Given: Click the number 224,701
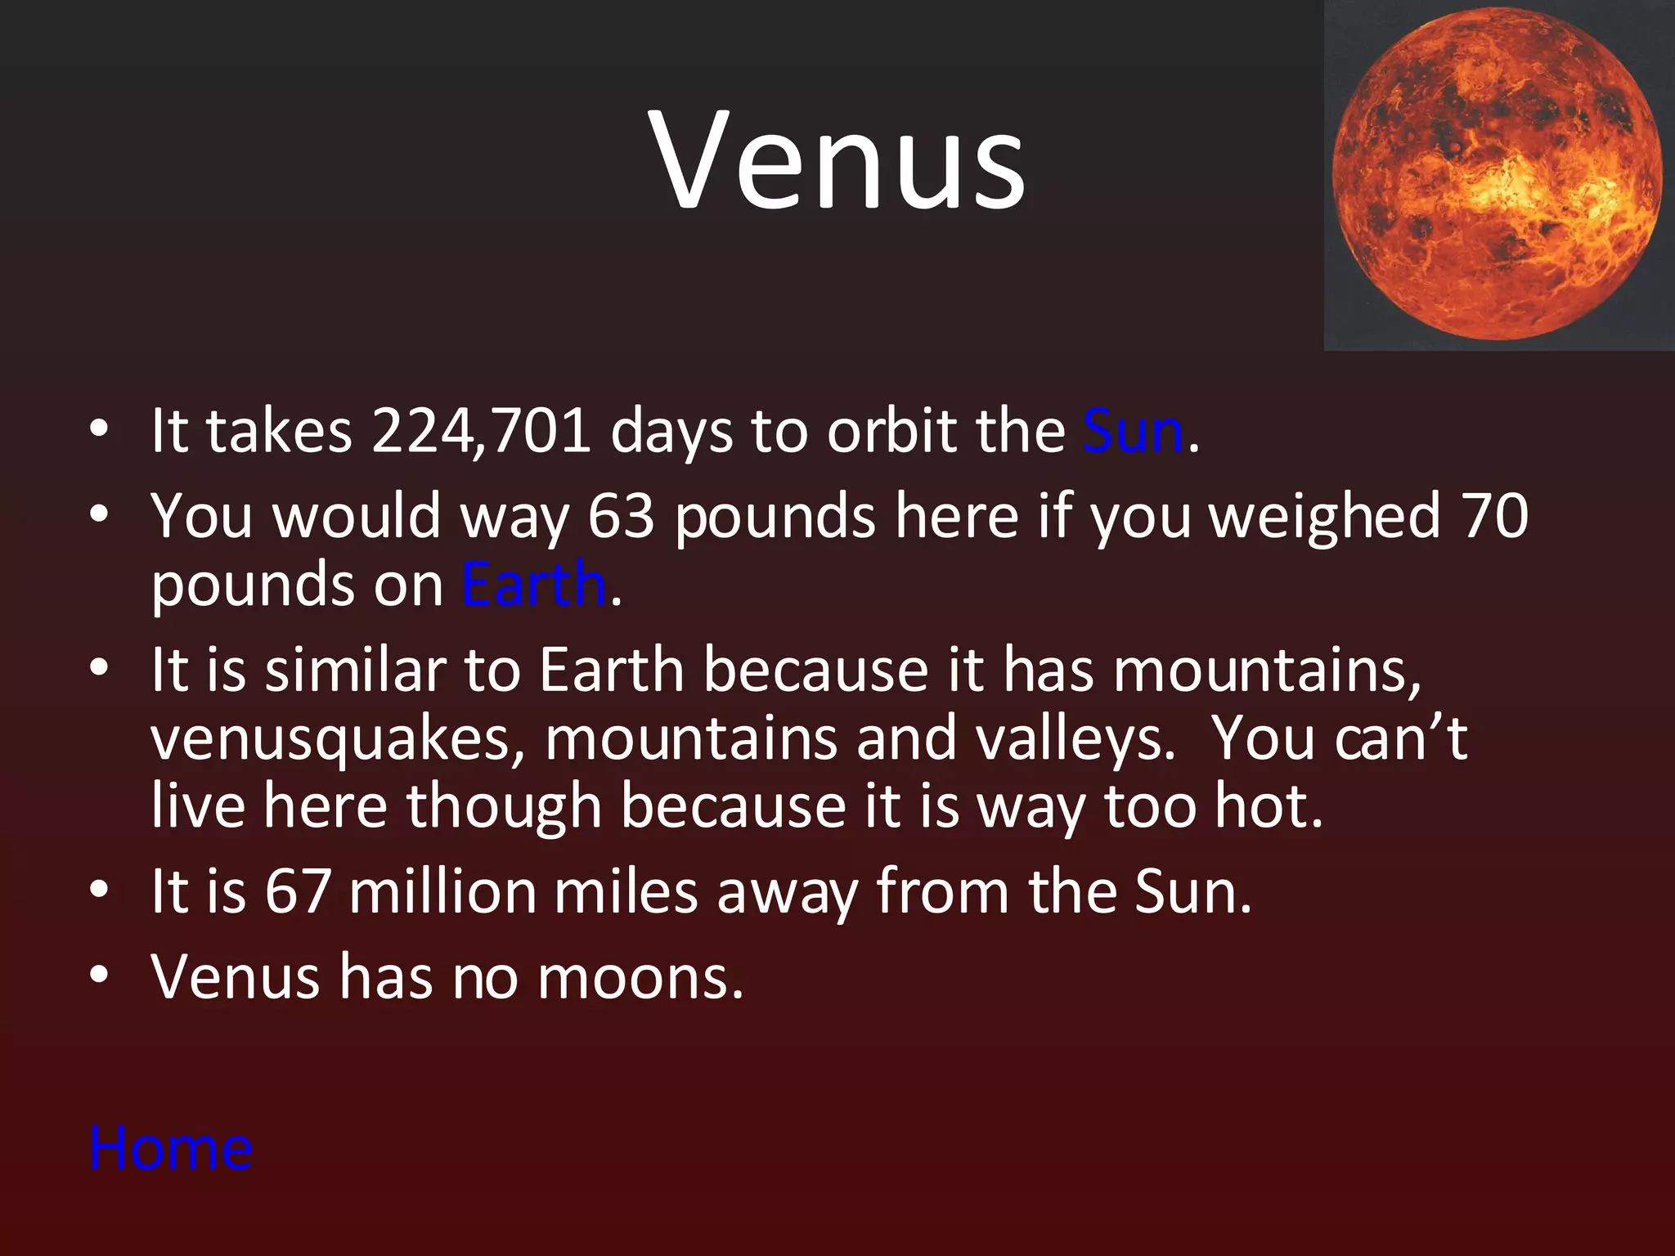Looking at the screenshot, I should coord(481,431).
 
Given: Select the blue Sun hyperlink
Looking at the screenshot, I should coord(1133,431).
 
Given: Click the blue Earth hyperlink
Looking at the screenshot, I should coord(533,584).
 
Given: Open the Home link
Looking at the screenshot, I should coord(171,1148).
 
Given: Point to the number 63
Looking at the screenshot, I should coord(622,517).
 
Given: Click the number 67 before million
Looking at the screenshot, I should coord(298,891).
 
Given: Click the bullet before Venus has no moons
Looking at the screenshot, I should coord(99,976).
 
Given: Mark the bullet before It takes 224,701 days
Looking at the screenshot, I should coord(99,429).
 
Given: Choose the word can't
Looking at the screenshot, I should coord(1400,738).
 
